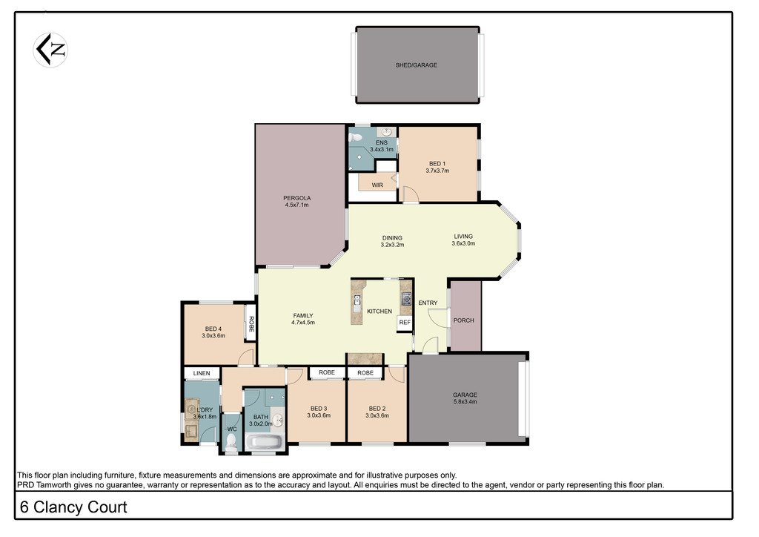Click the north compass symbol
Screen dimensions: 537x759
(x=50, y=50)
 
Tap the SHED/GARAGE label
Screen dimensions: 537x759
(x=416, y=65)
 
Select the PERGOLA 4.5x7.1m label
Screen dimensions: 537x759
(x=296, y=201)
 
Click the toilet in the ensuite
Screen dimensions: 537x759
(x=357, y=137)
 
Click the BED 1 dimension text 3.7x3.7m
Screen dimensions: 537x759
(x=437, y=171)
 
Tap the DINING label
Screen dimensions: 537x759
(x=392, y=237)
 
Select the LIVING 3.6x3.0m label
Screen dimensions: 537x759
(x=463, y=240)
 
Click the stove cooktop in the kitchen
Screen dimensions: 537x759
(x=406, y=299)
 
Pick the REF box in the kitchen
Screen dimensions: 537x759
(x=404, y=323)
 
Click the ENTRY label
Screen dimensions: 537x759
(x=428, y=303)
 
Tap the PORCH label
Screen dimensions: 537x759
(x=465, y=320)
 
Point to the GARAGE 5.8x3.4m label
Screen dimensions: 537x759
(x=465, y=398)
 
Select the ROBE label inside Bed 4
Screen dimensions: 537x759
(x=251, y=323)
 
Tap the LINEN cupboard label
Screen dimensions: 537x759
(x=202, y=372)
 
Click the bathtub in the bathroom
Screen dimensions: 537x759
(x=264, y=443)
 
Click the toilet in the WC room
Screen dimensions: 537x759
(x=231, y=442)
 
